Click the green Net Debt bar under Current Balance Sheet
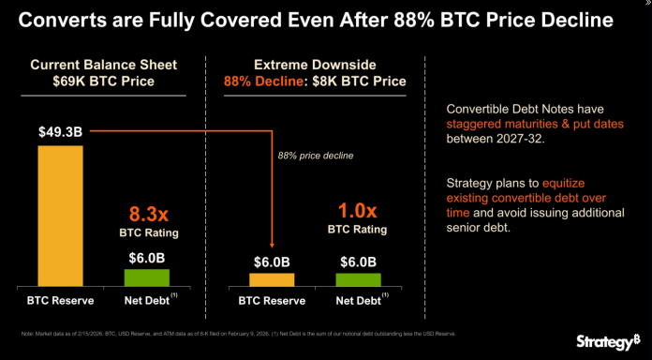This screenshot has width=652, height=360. pos(146,277)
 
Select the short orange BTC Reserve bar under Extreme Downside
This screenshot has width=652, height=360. pos(273,279)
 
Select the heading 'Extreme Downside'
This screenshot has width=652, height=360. pos(314,65)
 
